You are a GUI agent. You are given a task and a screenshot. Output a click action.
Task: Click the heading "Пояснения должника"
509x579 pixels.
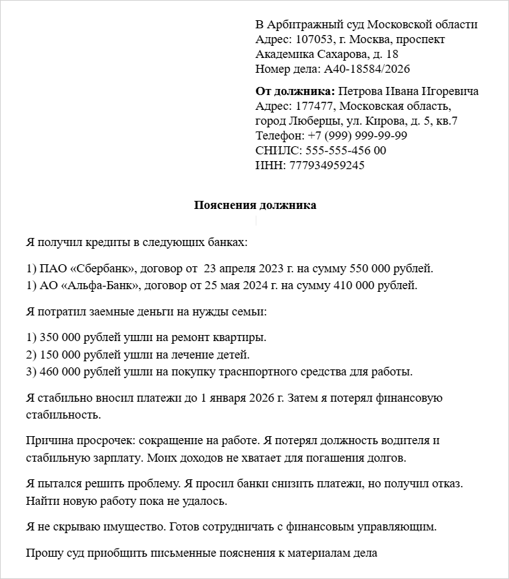[x=255, y=205]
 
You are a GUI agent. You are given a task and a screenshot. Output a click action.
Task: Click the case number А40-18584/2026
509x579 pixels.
[x=367, y=69]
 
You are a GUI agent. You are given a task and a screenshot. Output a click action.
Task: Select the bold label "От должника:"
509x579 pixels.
[x=295, y=91]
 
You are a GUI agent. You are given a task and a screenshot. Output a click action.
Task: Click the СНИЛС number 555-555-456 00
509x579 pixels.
[x=346, y=150]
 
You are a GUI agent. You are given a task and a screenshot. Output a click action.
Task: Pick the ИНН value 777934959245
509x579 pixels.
[x=326, y=165]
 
